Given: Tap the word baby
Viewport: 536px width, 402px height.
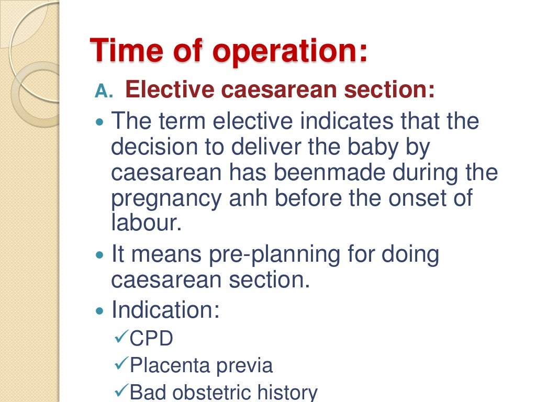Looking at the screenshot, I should (382, 148).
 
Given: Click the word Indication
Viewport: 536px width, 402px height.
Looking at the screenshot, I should (165, 310).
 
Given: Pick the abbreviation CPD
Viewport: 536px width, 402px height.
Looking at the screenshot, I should (151, 339).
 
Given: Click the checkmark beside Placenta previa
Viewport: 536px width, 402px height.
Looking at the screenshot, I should (120, 364).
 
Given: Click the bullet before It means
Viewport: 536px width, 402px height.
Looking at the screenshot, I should (101, 256).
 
